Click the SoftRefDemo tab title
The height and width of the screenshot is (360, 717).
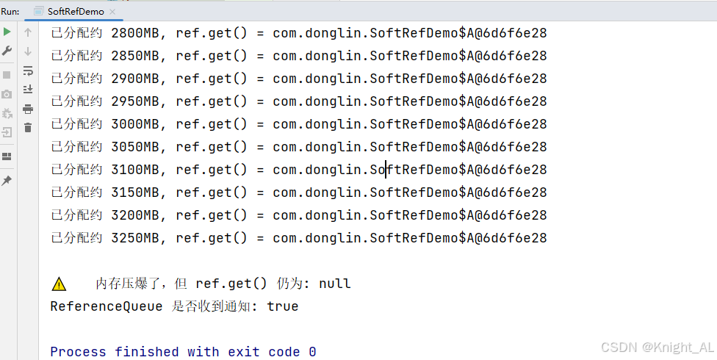76,12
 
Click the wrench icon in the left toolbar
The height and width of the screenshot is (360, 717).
7,51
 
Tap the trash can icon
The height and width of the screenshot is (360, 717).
28,128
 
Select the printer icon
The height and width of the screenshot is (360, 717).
28,109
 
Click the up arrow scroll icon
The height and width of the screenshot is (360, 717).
28,32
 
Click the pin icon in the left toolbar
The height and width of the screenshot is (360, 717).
7,181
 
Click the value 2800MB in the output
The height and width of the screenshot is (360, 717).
135,33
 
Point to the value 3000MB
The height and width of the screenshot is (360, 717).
135,124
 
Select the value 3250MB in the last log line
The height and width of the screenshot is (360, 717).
135,238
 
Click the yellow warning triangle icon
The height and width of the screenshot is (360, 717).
59,284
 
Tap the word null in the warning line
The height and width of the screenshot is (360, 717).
335,284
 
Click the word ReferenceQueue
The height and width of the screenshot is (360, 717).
106,306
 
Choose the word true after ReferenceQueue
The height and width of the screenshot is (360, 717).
283,306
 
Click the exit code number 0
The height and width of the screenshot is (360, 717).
312,352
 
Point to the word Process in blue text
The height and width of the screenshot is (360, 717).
78,352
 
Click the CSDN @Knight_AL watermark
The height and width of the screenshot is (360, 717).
657,348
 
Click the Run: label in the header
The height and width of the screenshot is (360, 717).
10,12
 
